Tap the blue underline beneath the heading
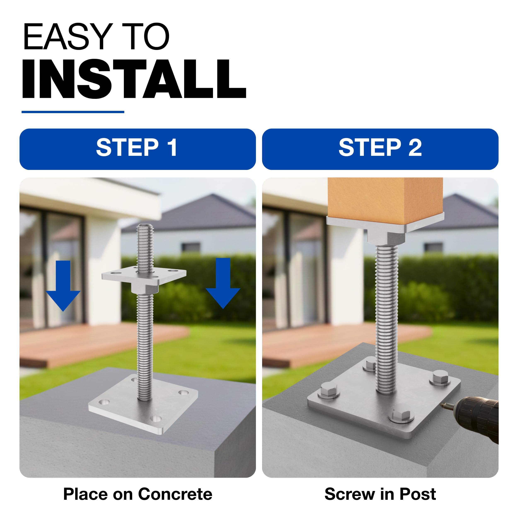pyautogui.click(x=73, y=112)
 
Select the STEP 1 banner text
pyautogui.click(x=137, y=147)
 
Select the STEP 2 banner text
pyautogui.click(x=380, y=147)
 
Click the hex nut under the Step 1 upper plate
pyautogui.click(x=145, y=289)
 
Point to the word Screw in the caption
pyautogui.click(x=350, y=494)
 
